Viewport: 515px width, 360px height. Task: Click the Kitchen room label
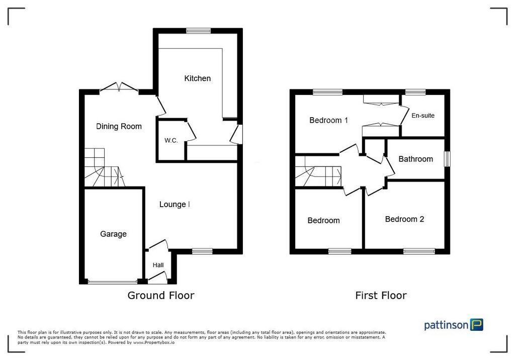coord(197,78)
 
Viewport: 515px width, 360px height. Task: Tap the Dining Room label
coord(119,127)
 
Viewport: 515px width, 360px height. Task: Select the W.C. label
coord(171,141)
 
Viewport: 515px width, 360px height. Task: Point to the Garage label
coord(113,234)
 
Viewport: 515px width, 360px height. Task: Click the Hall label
coord(158,265)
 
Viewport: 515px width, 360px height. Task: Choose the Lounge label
coord(173,205)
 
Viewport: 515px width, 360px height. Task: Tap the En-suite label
coord(423,116)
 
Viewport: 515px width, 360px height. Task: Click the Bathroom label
coord(416,159)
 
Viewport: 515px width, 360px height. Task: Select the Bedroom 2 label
coord(405,219)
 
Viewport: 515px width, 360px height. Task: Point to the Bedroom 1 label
coord(329,120)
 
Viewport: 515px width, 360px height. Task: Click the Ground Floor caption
coord(161,296)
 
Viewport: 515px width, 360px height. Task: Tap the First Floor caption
coord(381,296)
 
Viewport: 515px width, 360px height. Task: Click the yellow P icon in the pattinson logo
coord(477,324)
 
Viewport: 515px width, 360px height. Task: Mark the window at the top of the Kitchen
coord(198,31)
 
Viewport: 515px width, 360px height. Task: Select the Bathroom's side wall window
coord(447,159)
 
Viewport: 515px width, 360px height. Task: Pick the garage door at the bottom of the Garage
coord(113,282)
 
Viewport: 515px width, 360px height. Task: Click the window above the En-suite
coord(415,93)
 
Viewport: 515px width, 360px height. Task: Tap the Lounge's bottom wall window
coord(202,251)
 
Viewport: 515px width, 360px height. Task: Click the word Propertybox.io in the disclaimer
coord(154,342)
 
